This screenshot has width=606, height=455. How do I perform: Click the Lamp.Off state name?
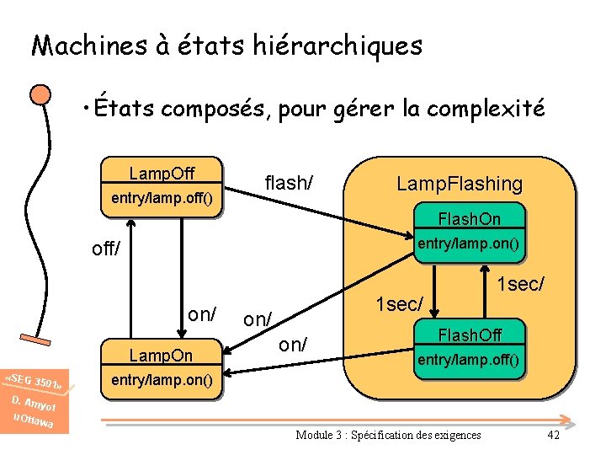pyautogui.click(x=162, y=174)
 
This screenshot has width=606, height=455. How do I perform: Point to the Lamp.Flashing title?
pyautogui.click(x=460, y=184)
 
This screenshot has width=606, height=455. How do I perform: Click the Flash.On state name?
pyautogui.click(x=469, y=219)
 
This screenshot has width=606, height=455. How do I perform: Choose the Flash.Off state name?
pyautogui.click(x=469, y=336)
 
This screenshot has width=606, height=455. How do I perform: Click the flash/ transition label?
pyautogui.click(x=289, y=182)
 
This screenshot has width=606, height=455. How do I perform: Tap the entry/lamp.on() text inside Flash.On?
pyautogui.click(x=468, y=244)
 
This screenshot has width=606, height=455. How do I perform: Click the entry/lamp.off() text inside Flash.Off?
pyautogui.click(x=468, y=361)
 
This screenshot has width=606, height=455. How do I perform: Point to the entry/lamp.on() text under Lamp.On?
pyautogui.click(x=162, y=380)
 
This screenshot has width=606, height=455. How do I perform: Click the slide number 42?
pyautogui.click(x=553, y=435)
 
